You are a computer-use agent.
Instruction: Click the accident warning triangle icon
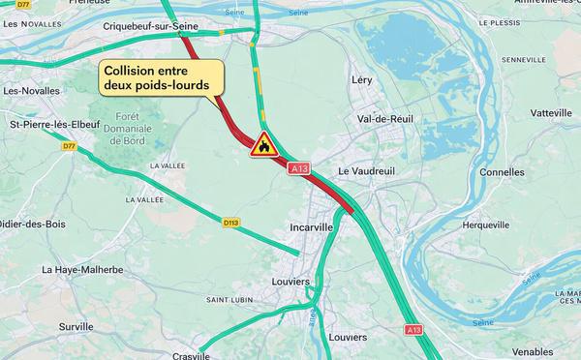(x=263, y=144)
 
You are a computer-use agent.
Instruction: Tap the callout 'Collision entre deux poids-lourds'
(x=159, y=78)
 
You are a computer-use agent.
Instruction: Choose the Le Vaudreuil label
(x=367, y=171)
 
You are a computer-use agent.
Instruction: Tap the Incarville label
(x=312, y=227)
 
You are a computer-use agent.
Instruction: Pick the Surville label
(x=76, y=327)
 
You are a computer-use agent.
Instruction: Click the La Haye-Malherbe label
(x=82, y=270)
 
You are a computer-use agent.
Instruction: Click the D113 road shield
(x=230, y=222)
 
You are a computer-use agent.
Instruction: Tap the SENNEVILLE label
(x=526, y=60)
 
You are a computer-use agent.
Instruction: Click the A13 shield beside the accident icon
(x=299, y=169)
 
